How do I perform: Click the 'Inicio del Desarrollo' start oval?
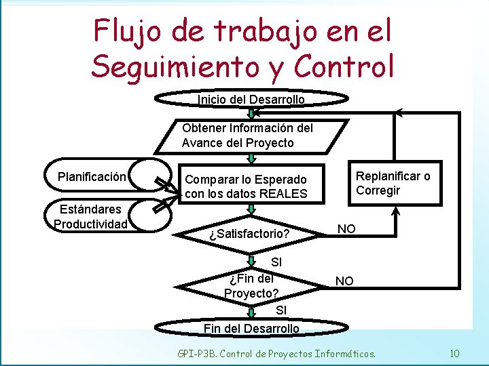[x=251, y=100]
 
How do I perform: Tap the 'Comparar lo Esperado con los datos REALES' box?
[x=247, y=186]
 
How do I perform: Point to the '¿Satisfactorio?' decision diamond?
[x=249, y=234]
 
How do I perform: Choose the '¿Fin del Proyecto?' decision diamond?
[x=251, y=285]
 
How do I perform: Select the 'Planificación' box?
[x=92, y=178]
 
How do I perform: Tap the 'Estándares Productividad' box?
[x=91, y=217]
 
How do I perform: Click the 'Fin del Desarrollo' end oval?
[x=251, y=328]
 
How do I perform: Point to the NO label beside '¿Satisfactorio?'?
[x=346, y=229]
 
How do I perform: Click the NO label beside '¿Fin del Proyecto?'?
[x=344, y=281]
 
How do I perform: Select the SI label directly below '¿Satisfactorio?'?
[x=276, y=262]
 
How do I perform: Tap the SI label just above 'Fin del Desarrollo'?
[x=282, y=310]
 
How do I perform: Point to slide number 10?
[x=454, y=353]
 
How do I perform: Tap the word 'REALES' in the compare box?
[x=285, y=194]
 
